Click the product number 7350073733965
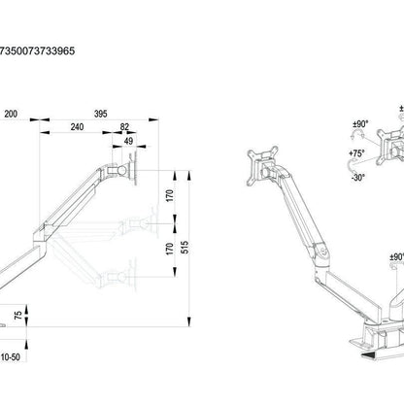coord(37,50)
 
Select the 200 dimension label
coord(11,114)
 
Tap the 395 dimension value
coord(101,114)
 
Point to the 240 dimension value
coord(77,127)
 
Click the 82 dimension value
coord(124,127)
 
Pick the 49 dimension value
coord(128,141)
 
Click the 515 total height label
coord(184,248)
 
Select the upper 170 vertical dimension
coord(170,196)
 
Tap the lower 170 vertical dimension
coord(170,249)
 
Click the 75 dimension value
coord(18,315)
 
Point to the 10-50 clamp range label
coord(11,357)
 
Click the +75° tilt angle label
coord(356,153)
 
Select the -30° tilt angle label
coord(357,178)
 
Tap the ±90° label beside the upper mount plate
coord(360,123)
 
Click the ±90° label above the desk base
coord(397,257)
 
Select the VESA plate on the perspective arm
coord(262,166)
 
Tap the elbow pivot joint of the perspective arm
coord(321,252)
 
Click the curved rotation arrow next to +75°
coord(351,166)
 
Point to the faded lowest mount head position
coord(123,277)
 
